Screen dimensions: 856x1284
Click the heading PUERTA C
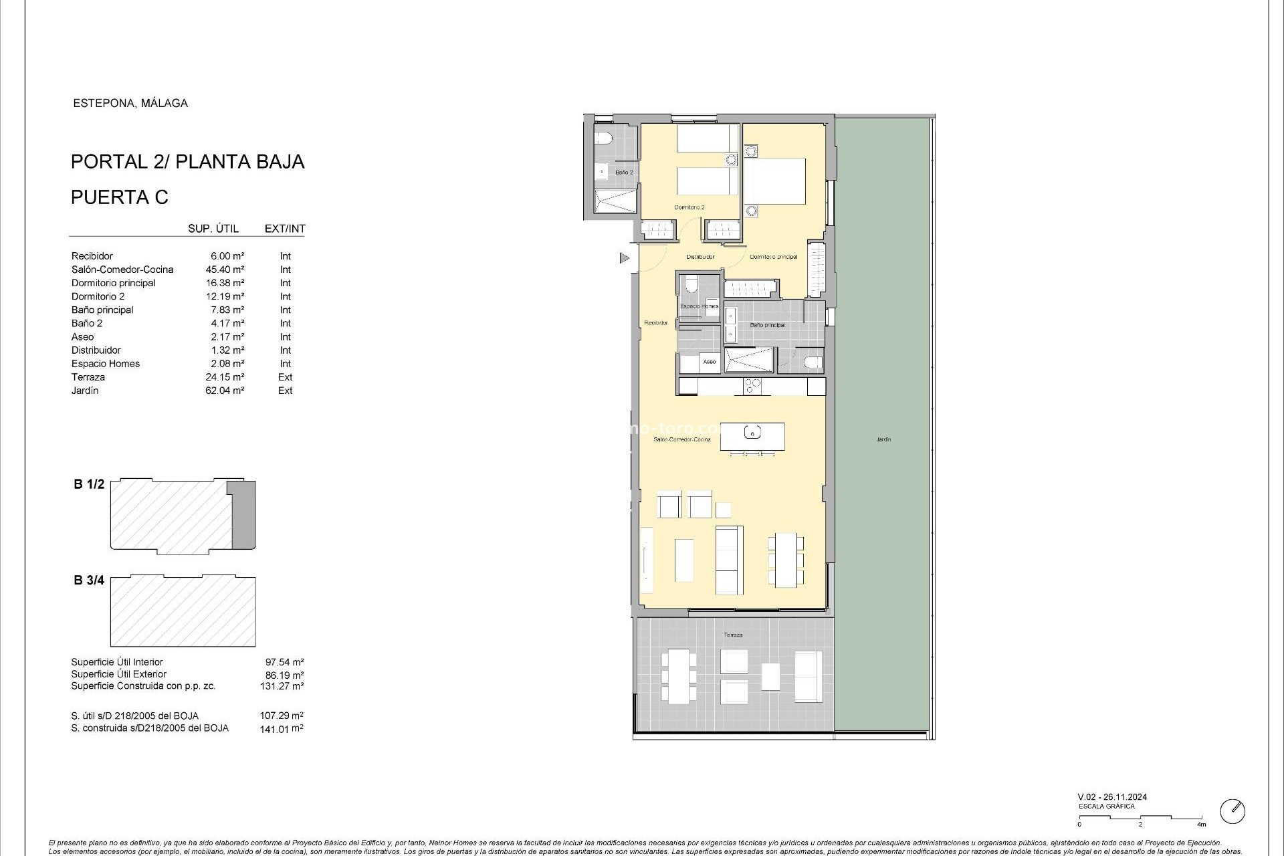tap(120, 197)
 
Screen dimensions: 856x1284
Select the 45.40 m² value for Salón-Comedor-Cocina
tap(225, 270)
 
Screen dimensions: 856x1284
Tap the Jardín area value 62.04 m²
tap(225, 391)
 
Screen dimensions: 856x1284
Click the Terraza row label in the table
tap(88, 377)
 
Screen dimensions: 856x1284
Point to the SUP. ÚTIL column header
tap(213, 229)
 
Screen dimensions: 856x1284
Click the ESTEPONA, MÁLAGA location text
tap(130, 103)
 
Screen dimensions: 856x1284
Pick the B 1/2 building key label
tap(89, 484)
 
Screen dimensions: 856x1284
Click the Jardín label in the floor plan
tap(883, 439)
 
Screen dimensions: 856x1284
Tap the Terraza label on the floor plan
tap(733, 635)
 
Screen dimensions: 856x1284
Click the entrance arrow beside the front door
tap(625, 257)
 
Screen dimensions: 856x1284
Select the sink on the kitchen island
tap(752, 433)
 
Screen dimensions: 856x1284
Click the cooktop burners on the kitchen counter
tap(753, 386)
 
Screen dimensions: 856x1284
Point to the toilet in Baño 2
tap(605, 140)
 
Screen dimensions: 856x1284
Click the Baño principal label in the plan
tap(767, 325)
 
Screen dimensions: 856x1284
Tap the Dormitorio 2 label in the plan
tap(689, 207)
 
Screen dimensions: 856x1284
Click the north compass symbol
tap(1233, 811)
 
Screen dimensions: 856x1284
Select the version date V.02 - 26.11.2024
tap(1112, 797)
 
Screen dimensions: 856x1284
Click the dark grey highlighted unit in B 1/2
tap(243, 515)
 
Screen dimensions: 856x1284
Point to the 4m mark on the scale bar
tap(1202, 825)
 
